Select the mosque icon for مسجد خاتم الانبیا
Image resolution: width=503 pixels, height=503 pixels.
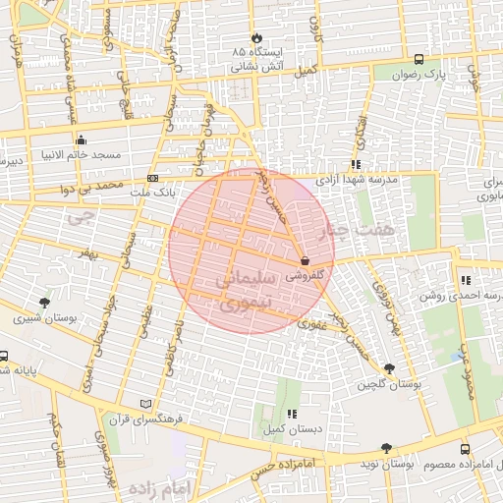(81, 140)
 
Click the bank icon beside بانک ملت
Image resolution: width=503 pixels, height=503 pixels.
(153, 178)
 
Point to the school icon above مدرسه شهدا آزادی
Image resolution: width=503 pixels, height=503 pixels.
(356, 165)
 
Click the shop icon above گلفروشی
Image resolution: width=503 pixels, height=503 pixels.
(305, 262)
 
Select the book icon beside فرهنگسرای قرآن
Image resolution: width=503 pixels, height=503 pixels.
(146, 403)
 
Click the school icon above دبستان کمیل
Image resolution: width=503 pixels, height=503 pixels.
(292, 416)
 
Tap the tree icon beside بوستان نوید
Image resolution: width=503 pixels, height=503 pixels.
(386, 448)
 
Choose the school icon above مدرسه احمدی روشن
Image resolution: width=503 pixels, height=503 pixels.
(465, 280)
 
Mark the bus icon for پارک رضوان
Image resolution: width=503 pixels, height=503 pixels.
(419, 58)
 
